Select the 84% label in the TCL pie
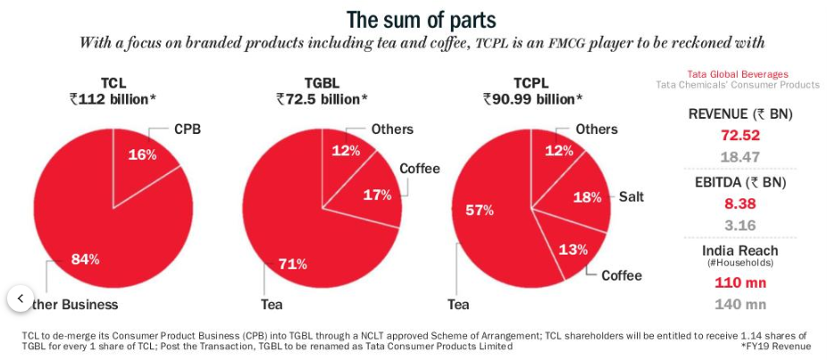(85, 259)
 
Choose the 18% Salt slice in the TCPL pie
(585, 197)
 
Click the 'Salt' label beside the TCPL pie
(631, 197)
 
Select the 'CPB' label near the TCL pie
(187, 130)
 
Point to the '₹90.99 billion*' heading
(532, 99)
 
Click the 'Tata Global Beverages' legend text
(738, 73)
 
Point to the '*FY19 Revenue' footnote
(775, 346)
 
